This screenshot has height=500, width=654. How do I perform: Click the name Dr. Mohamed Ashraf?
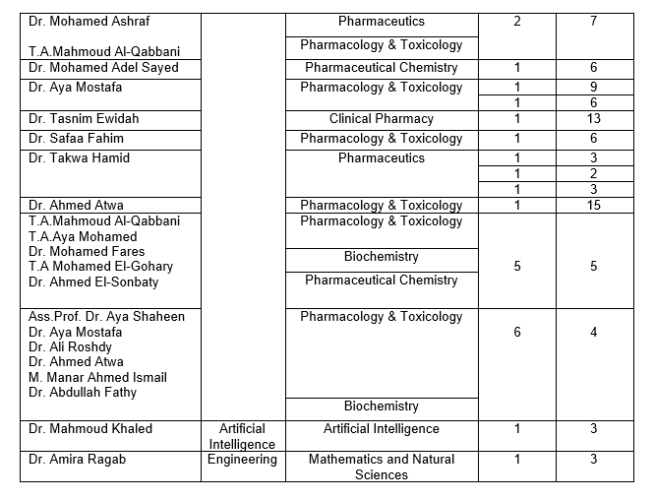point(89,21)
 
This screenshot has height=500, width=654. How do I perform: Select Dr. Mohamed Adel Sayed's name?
point(103,68)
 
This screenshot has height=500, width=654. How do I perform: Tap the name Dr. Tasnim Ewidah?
point(84,119)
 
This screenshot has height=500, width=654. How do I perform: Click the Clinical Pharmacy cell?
point(381,119)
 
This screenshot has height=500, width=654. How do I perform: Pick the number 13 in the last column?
point(593,119)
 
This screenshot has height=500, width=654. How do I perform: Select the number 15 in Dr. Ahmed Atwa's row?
point(593,205)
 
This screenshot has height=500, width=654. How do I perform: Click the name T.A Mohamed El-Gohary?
point(100,267)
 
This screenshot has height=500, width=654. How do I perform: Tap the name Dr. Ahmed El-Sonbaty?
point(93,282)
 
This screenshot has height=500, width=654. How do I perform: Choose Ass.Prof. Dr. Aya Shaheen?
point(106,317)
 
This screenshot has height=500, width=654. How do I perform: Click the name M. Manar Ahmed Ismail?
point(97,377)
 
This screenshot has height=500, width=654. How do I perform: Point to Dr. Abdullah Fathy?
point(83,393)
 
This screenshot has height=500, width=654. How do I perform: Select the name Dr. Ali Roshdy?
point(70,347)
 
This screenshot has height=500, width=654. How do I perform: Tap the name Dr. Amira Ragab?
point(78,460)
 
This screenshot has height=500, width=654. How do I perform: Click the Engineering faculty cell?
point(242,460)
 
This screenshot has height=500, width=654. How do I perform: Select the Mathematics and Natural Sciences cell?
point(381,467)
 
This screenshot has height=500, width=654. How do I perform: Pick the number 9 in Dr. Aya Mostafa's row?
point(593,87)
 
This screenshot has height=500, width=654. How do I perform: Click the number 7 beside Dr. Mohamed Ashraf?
point(593,21)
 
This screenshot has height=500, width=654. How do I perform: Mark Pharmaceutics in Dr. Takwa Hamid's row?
point(381,158)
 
